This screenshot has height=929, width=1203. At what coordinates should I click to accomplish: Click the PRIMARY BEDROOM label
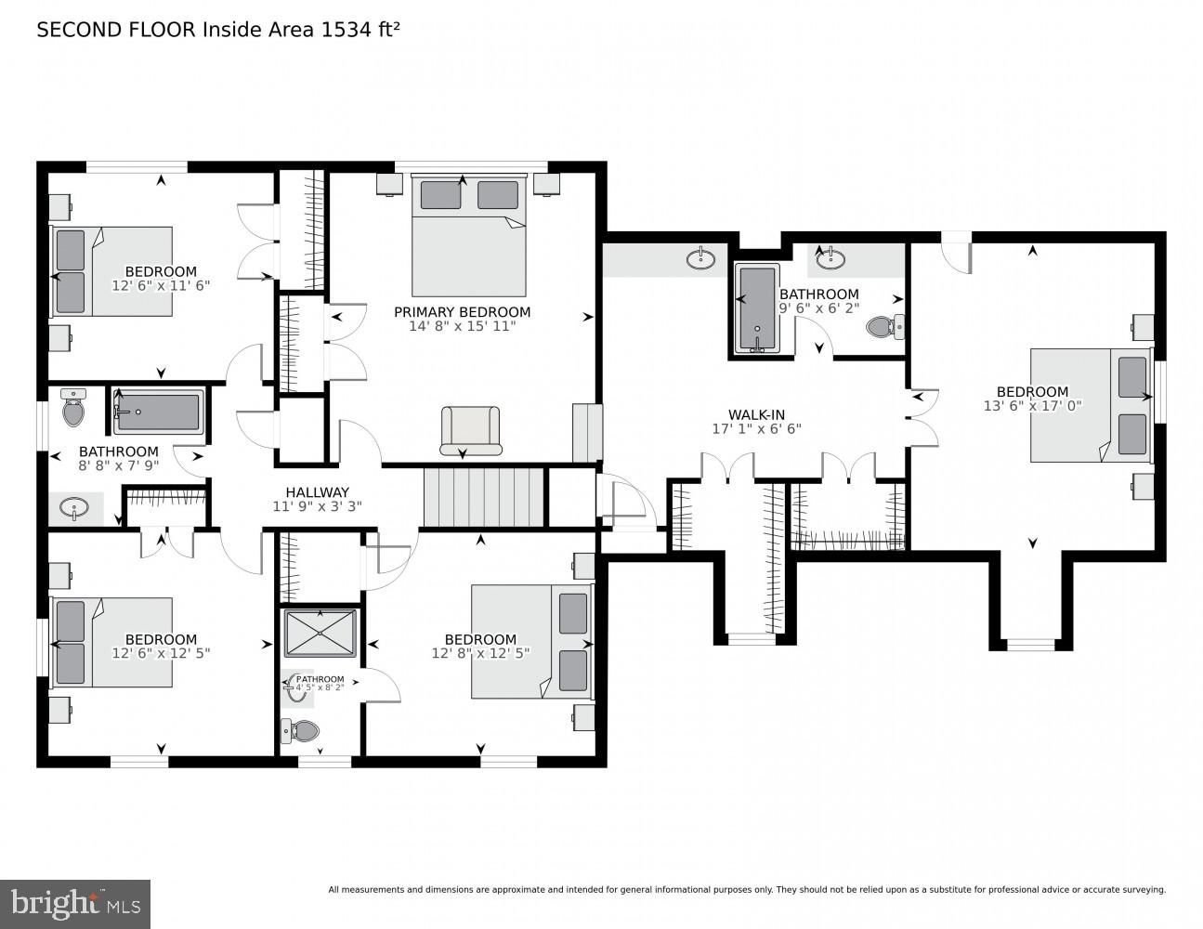point(462,312)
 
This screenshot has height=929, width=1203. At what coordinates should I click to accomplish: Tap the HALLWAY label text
point(317,492)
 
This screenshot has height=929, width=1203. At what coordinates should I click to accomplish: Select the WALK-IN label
point(755,414)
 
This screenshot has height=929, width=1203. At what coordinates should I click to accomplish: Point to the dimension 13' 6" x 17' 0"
point(1032,406)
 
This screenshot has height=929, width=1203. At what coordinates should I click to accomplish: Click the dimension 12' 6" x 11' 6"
point(161,286)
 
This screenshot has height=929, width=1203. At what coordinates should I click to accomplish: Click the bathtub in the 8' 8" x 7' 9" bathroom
point(158,412)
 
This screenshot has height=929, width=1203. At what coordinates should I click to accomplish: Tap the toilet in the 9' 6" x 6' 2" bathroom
point(879,326)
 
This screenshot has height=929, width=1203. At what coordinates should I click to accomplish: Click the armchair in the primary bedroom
point(470,431)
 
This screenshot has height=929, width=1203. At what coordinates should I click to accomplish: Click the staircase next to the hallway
point(483,497)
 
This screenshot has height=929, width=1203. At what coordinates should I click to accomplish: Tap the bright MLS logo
point(76,902)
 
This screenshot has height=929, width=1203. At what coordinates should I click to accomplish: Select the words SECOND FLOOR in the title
point(116,30)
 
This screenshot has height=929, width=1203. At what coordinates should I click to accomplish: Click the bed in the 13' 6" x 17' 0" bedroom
point(1090,405)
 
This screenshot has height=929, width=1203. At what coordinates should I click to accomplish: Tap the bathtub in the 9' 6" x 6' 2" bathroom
point(757,309)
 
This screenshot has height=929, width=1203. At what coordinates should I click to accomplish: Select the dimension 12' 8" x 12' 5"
point(480,654)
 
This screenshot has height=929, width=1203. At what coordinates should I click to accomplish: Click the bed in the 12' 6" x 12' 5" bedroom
point(111,642)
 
